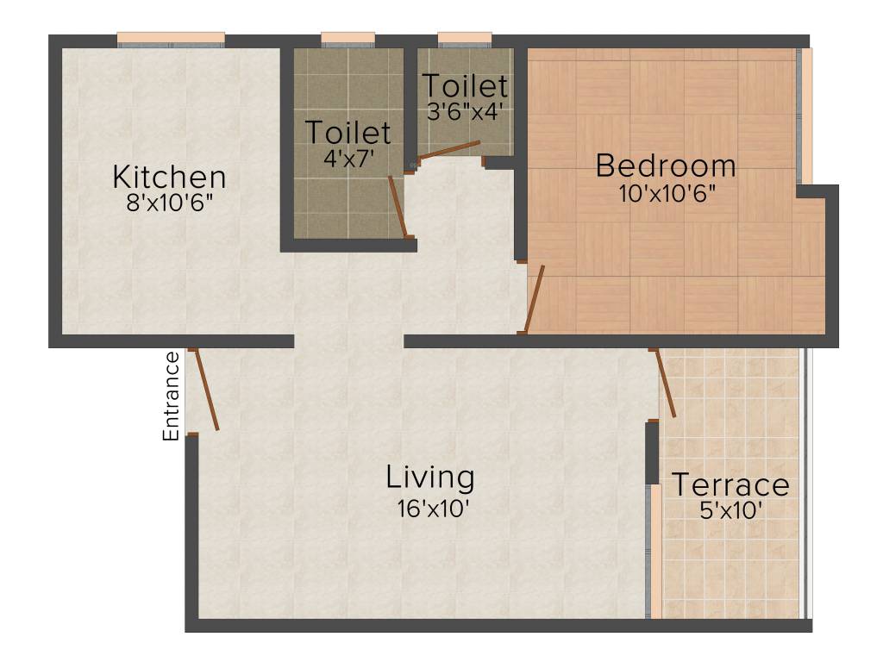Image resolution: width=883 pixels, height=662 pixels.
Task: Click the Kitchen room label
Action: click(169, 178)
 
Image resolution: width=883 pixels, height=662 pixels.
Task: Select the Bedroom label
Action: click(666, 165)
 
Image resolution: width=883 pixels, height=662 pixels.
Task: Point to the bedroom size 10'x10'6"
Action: click(667, 192)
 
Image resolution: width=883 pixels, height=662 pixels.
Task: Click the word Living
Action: click(429, 477)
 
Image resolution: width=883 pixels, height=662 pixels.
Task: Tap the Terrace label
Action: click(730, 485)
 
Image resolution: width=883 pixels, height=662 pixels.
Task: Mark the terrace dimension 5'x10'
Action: click(731, 511)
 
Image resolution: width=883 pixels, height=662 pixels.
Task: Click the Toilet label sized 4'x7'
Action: click(348, 133)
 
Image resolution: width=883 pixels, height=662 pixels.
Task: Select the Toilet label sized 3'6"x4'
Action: click(464, 86)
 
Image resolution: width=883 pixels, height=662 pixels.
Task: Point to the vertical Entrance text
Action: click(172, 396)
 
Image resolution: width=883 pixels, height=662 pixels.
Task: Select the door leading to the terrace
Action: click(666, 384)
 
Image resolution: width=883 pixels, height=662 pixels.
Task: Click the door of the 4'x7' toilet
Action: click(397, 205)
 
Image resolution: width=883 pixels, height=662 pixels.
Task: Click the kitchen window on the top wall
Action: click(171, 38)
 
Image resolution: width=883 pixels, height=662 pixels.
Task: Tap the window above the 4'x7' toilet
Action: click(348, 38)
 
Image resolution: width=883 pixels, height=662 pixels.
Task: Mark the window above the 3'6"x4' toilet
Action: click(464, 38)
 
